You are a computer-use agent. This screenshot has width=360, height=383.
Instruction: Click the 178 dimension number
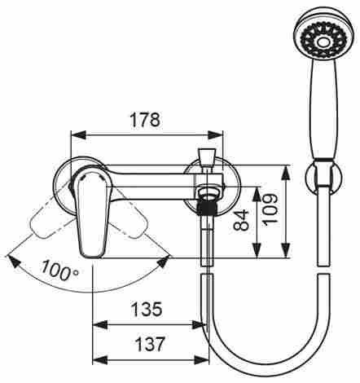pos(145,120)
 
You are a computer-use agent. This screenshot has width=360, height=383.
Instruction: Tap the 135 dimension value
pos(147,309)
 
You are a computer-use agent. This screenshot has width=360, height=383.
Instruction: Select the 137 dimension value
pos(150,344)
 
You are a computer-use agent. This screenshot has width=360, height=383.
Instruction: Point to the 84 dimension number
pos(241,220)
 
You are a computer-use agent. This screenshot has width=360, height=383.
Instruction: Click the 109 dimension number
pos(270,209)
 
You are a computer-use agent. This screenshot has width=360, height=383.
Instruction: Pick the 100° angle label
pos(60,271)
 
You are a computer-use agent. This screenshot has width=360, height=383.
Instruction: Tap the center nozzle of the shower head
pos(323,42)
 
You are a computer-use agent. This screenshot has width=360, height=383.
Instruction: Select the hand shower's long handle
pos(323,109)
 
